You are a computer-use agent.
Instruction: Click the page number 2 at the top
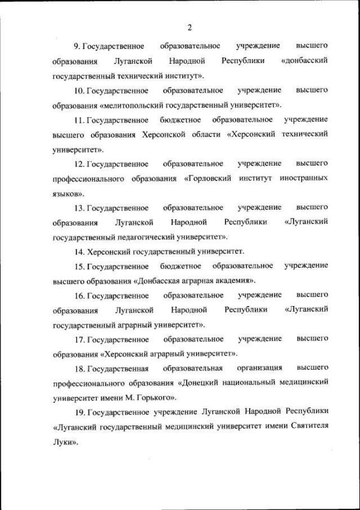[x=190, y=27]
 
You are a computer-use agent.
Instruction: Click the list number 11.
[x=79, y=120]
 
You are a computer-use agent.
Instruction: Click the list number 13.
[x=79, y=208]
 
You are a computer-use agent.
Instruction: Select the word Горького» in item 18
[x=135, y=397]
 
